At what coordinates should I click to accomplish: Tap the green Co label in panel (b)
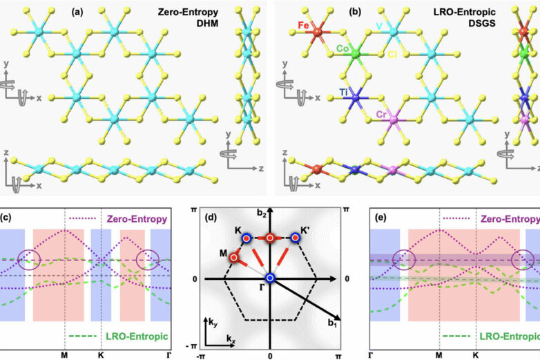(x=343, y=49)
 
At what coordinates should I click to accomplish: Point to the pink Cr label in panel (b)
(x=382, y=113)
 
